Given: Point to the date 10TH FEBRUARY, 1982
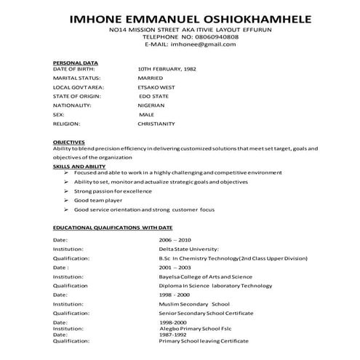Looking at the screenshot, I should (167, 68).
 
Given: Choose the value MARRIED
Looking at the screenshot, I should (151, 78).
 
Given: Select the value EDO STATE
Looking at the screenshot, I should (154, 96).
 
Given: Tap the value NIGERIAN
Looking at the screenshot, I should (153, 105).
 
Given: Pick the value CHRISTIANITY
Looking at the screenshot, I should (156, 124).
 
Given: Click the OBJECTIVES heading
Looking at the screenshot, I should (68, 142).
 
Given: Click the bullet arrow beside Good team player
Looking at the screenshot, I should (65, 200).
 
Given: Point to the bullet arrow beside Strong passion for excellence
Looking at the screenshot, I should (65, 191).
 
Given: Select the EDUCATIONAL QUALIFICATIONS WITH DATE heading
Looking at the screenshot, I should (112, 228).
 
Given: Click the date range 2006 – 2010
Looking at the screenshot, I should (175, 239).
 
